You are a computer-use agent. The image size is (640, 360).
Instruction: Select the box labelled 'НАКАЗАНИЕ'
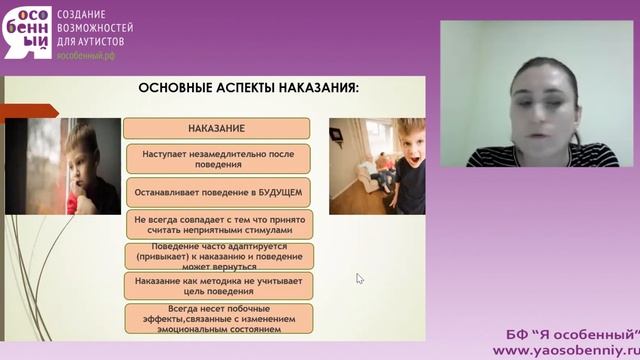(216, 129)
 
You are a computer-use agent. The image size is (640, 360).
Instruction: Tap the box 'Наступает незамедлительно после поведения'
(217, 158)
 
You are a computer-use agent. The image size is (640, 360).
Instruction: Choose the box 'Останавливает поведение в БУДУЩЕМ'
(217, 191)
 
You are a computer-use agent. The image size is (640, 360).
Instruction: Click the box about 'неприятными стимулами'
(217, 223)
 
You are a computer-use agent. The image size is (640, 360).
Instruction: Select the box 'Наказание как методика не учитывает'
(217, 287)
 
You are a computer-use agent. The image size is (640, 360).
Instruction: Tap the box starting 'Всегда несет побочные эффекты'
(216, 319)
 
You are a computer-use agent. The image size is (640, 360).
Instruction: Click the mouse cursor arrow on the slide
(359, 278)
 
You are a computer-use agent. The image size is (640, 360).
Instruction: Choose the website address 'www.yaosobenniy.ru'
(566, 350)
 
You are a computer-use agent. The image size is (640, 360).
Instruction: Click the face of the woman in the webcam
(534, 96)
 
